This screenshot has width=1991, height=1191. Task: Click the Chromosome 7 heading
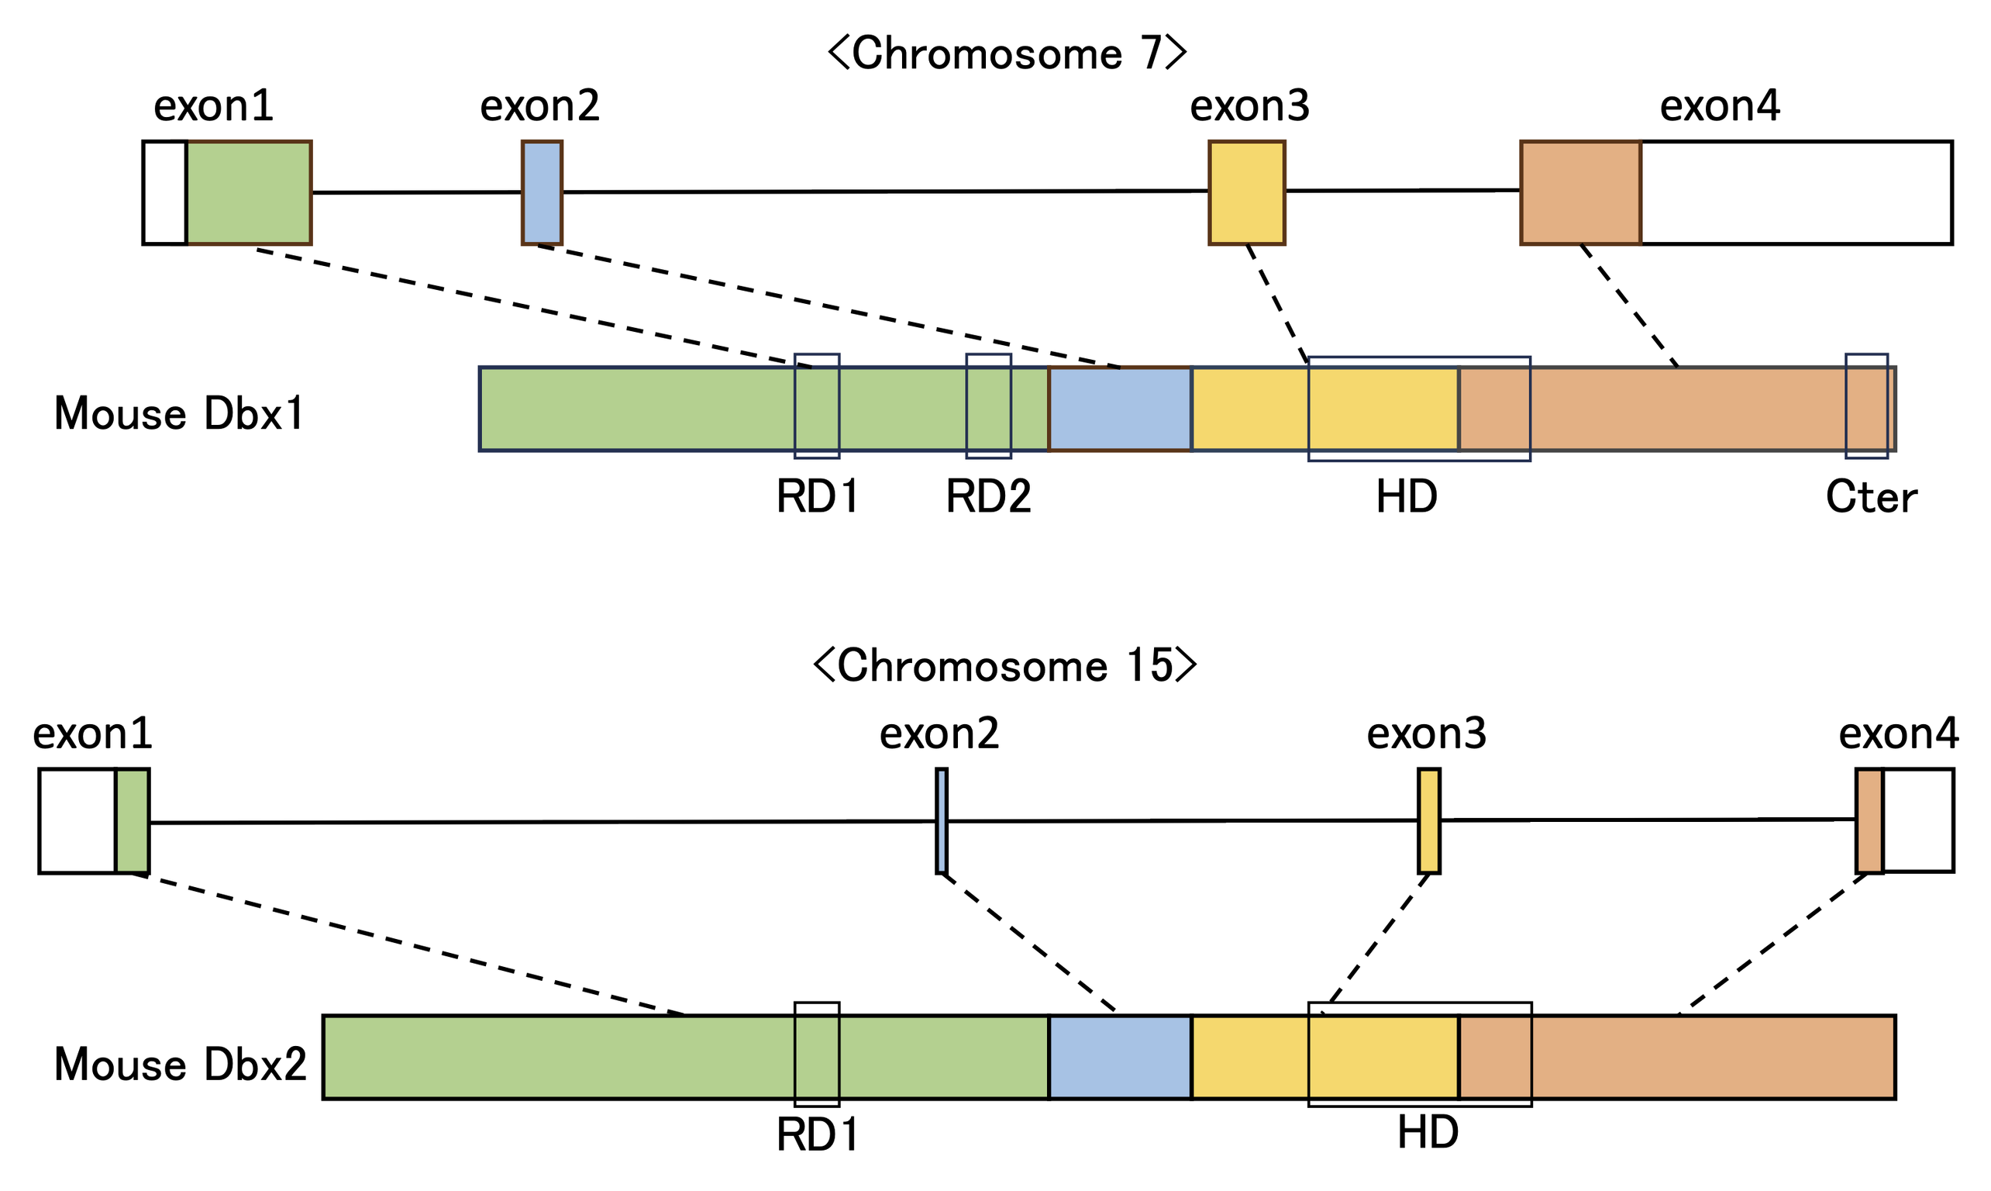click(1007, 54)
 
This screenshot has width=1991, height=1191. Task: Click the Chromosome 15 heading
click(1004, 667)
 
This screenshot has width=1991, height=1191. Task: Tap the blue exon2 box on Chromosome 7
click(543, 192)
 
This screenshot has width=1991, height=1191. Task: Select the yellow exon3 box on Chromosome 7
click(1246, 192)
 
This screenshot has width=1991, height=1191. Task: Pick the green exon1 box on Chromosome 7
click(249, 192)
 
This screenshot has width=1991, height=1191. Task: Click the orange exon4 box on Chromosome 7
click(1580, 192)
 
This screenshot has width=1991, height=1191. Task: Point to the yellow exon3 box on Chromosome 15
click(1428, 821)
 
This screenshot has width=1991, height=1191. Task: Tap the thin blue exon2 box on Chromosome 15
click(941, 821)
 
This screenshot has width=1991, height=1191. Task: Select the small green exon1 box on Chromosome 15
click(133, 821)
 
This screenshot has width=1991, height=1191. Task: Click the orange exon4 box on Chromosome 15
click(1869, 821)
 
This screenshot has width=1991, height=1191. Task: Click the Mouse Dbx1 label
click(179, 415)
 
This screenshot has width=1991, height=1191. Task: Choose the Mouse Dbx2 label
click(181, 1065)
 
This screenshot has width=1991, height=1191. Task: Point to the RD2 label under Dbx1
click(988, 498)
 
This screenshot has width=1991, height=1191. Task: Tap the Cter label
click(1872, 498)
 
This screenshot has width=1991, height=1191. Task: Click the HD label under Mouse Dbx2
click(1428, 1133)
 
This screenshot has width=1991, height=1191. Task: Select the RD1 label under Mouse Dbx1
click(818, 498)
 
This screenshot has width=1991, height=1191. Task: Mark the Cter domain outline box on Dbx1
click(1867, 407)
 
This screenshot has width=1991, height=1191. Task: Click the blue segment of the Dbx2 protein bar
click(1120, 1057)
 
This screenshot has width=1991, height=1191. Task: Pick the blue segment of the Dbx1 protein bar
click(1120, 409)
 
